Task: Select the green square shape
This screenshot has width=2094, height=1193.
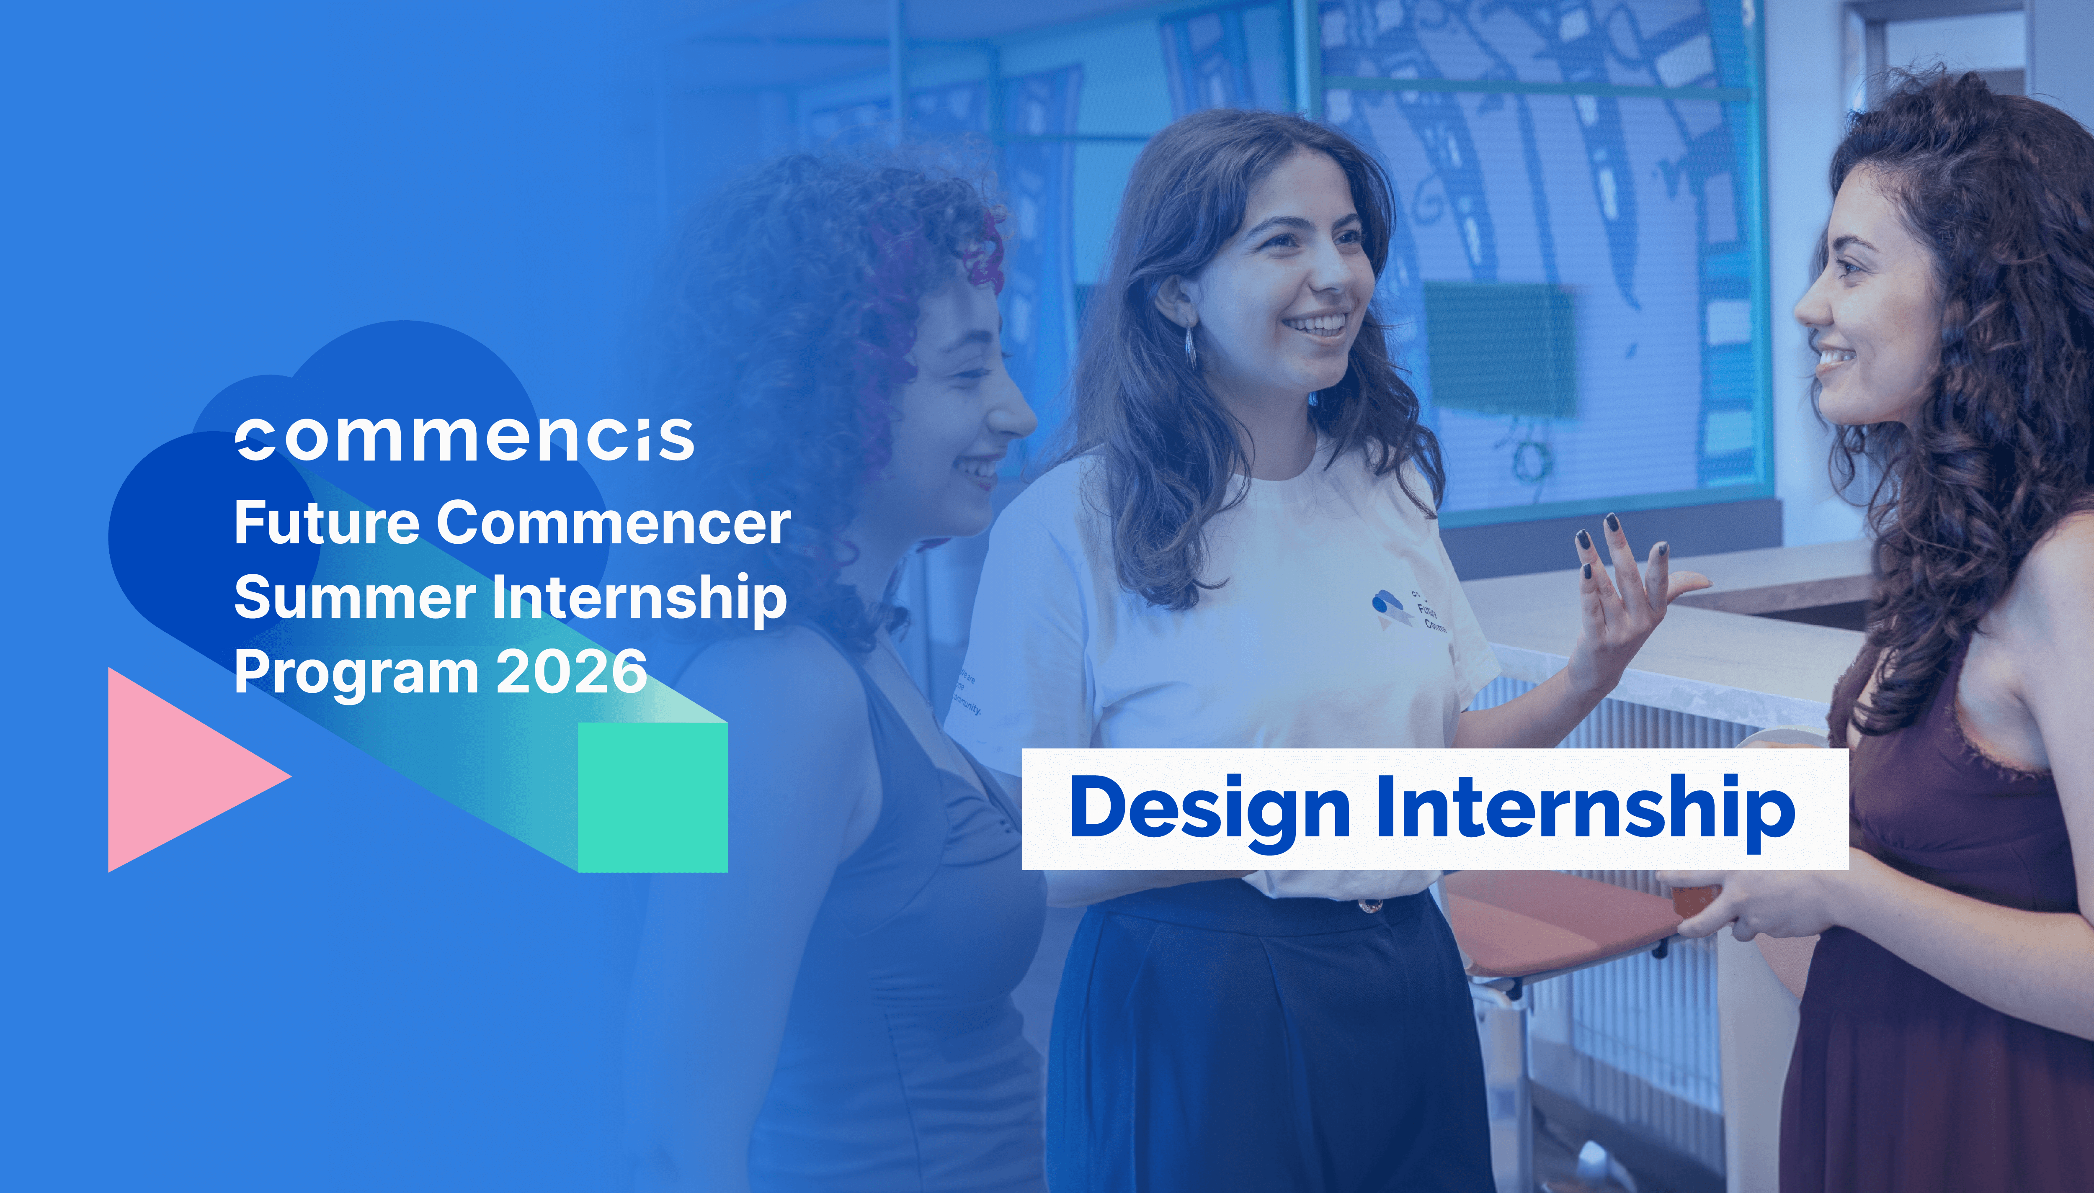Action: (x=652, y=797)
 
